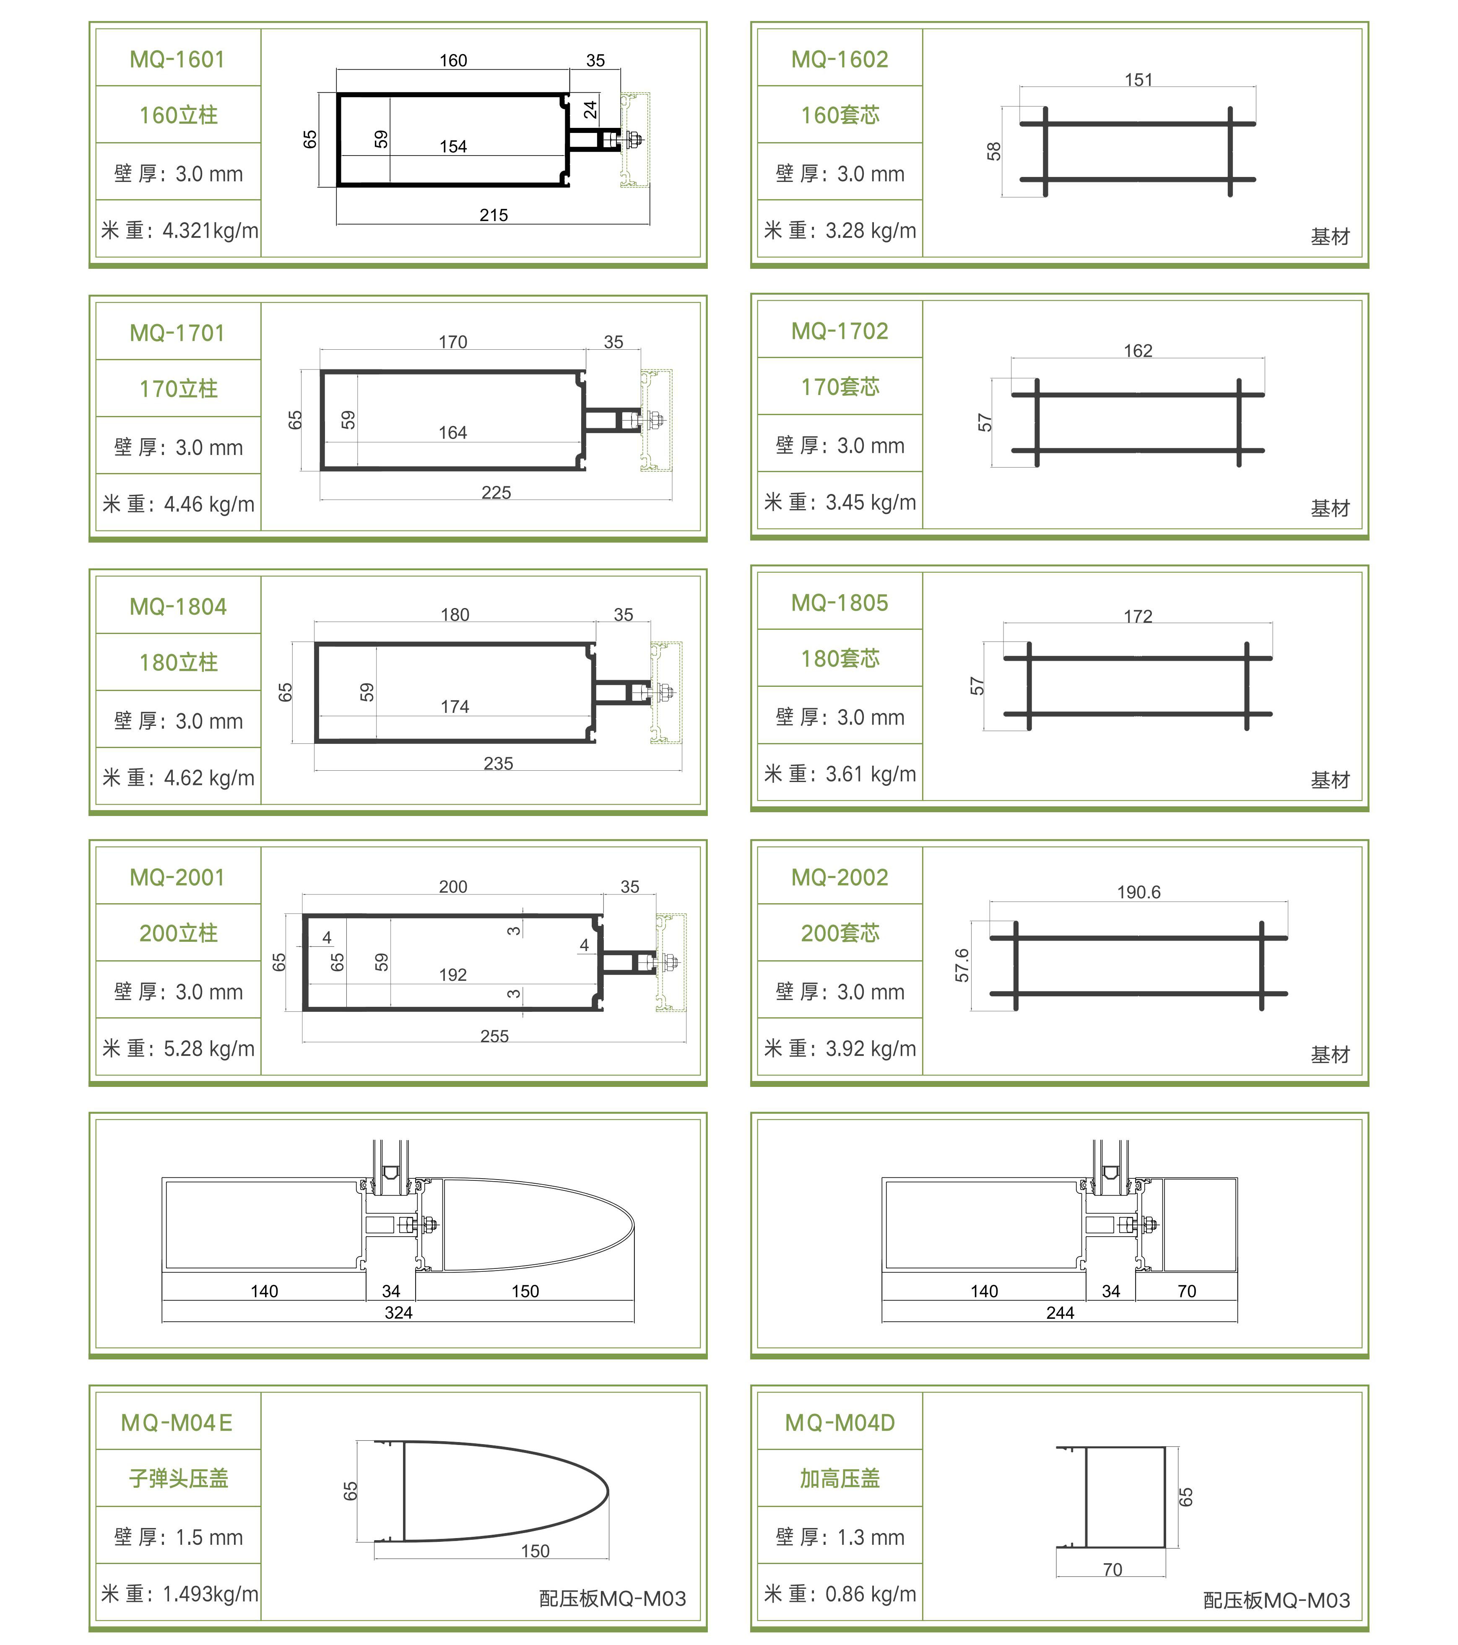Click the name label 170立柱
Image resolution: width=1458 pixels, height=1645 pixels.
click(x=178, y=389)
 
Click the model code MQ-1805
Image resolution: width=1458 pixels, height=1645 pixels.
click(x=839, y=603)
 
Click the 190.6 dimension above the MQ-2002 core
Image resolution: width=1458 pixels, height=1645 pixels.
click(x=1138, y=892)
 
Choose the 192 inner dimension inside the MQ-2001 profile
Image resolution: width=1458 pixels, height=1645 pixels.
click(x=453, y=975)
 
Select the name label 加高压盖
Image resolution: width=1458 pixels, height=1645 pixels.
click(x=839, y=1479)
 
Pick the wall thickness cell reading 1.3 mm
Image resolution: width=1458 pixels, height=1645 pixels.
click(x=839, y=1537)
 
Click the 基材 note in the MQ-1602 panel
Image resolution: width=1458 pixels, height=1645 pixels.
click(x=1329, y=236)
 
